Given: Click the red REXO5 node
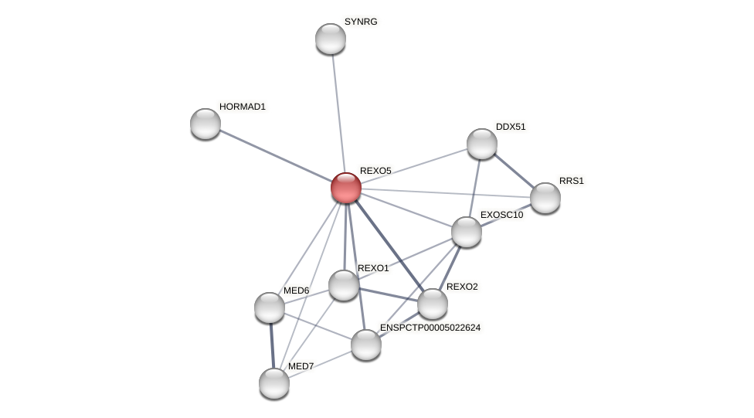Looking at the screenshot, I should (x=346, y=188).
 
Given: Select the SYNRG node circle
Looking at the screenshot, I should (x=331, y=39).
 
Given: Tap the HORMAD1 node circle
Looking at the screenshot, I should (x=205, y=124).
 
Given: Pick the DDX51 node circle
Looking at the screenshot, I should (x=482, y=144).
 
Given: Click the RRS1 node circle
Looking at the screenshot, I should (x=545, y=198).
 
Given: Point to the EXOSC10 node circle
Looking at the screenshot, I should (x=467, y=232).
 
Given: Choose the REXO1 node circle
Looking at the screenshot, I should (x=344, y=285).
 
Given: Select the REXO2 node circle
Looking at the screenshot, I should (x=433, y=304).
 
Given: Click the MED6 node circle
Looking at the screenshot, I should (x=270, y=308).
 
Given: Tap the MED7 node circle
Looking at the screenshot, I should (x=274, y=383).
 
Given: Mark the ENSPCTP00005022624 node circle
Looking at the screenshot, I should (x=366, y=345).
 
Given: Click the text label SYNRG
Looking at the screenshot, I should (x=361, y=22).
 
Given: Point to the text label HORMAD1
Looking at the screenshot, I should (x=242, y=107).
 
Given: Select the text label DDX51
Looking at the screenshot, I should (x=511, y=127).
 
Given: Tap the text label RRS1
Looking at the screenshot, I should (x=572, y=181).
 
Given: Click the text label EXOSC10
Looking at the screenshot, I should (x=501, y=215).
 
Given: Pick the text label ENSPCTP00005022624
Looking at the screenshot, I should (x=430, y=328).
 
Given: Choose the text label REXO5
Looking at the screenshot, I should (x=375, y=171).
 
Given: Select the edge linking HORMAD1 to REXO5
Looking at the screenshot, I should (x=276, y=155).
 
